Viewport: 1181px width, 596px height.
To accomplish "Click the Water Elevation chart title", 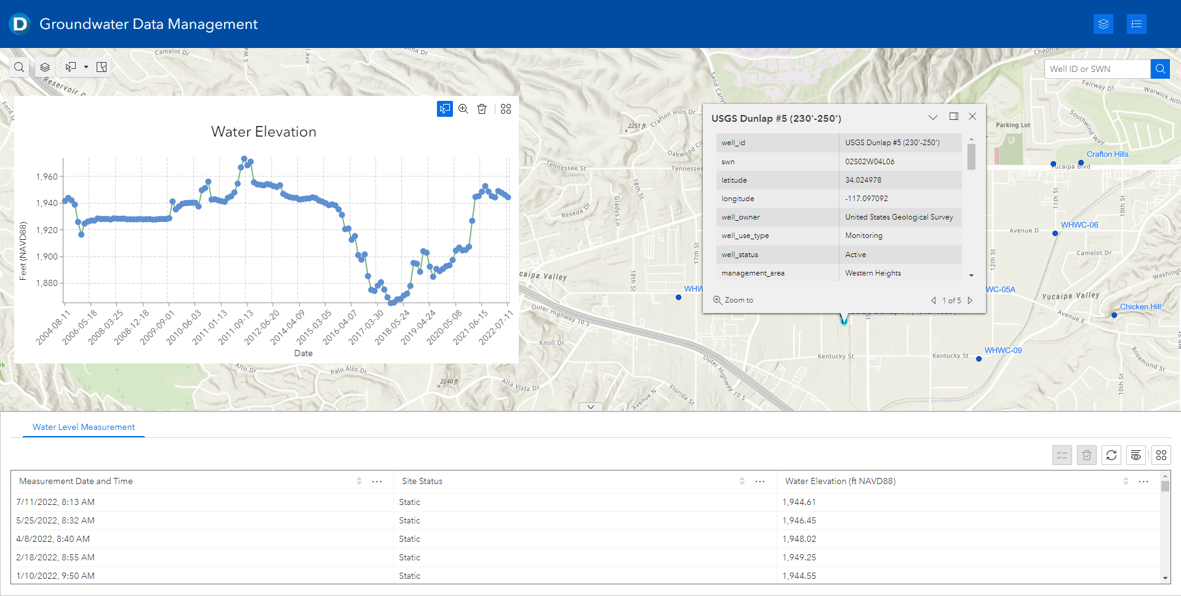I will click(263, 132).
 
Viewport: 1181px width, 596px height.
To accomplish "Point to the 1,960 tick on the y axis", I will click(47, 177).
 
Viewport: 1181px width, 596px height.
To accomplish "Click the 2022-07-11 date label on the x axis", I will click(496, 327).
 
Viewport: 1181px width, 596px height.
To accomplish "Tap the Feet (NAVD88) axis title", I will click(23, 251).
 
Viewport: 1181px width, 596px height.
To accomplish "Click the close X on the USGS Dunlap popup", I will click(972, 116).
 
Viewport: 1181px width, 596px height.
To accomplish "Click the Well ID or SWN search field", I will click(1097, 69).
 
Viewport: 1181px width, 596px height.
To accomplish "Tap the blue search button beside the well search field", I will click(1160, 69).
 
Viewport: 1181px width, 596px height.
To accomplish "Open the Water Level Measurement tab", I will click(84, 427).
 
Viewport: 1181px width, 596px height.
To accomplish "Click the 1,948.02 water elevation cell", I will click(799, 539).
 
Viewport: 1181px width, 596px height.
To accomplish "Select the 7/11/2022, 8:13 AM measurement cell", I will click(55, 502).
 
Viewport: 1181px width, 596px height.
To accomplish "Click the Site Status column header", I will click(422, 481).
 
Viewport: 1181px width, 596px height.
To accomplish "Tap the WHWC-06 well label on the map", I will click(1079, 225).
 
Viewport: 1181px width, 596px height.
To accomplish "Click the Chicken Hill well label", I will click(1140, 307).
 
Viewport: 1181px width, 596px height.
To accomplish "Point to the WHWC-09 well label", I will click(1003, 351).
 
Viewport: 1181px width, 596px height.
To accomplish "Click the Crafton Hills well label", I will click(1108, 154).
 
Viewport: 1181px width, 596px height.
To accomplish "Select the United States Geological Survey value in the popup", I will click(899, 217).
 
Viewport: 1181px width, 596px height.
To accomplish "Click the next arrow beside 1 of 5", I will click(971, 301).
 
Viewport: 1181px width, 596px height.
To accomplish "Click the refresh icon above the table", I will click(1111, 455).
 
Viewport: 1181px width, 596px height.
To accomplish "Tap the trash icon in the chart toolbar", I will click(482, 109).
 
